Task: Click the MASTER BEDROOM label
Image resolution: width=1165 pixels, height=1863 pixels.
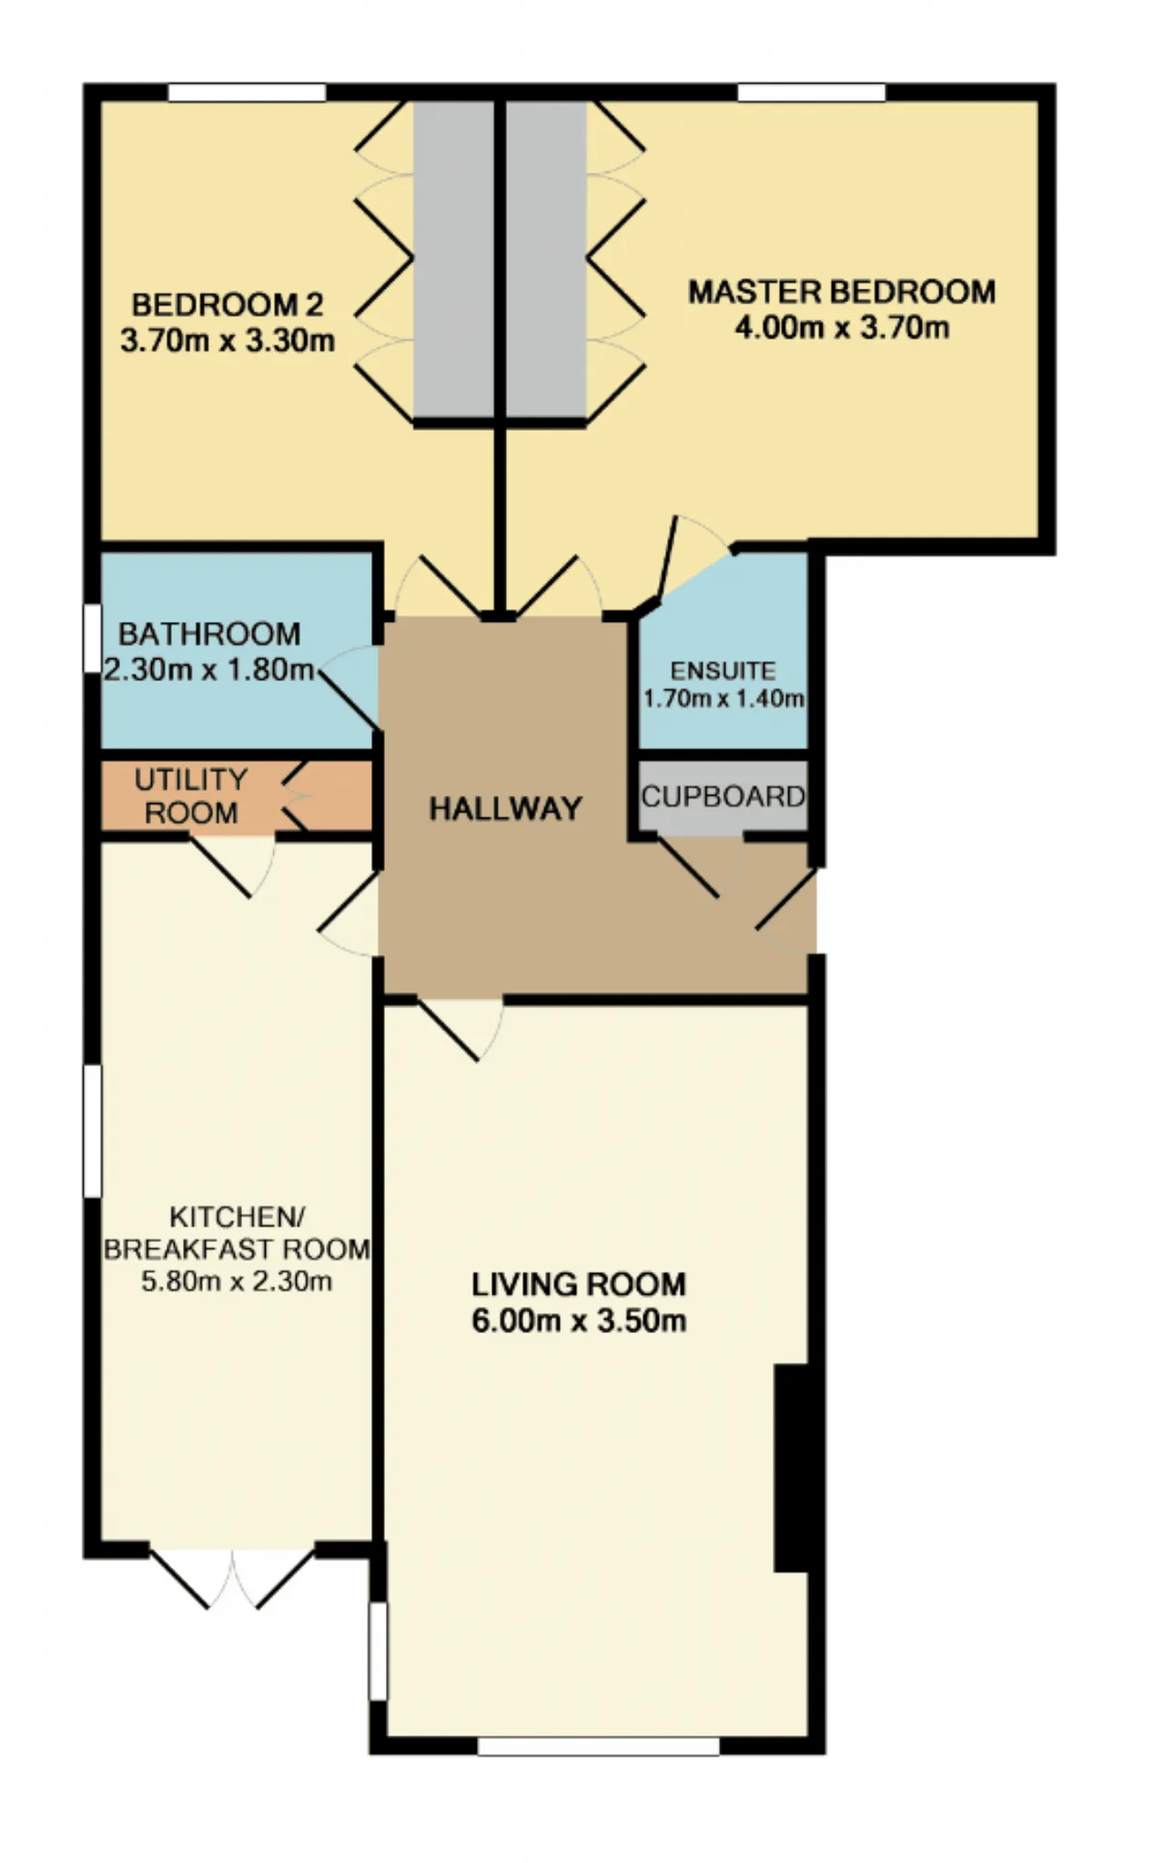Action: (x=842, y=292)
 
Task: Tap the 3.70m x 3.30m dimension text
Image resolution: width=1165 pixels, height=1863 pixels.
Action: (x=228, y=341)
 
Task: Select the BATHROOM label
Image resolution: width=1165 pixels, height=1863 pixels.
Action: (x=209, y=634)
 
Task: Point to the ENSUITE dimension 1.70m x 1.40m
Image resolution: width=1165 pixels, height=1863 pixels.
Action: (x=724, y=699)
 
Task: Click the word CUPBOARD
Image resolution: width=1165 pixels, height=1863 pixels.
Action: (x=724, y=797)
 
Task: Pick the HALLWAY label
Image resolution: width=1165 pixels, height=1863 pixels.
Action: (x=505, y=809)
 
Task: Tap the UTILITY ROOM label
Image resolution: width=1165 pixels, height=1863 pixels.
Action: (x=191, y=796)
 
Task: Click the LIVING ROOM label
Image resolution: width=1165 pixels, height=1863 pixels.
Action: (x=578, y=1285)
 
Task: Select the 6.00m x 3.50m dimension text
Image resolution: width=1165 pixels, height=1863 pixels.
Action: (x=578, y=1320)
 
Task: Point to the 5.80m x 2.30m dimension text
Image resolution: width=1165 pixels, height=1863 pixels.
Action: (x=237, y=1282)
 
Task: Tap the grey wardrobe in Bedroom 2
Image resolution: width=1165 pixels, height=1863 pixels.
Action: (x=453, y=260)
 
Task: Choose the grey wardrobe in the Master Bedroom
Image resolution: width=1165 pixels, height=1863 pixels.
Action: (x=546, y=260)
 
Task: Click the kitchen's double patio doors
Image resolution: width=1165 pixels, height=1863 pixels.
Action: (x=232, y=1576)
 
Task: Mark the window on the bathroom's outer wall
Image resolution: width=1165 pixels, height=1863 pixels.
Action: (x=92, y=638)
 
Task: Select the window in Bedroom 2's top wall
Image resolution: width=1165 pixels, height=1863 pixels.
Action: (x=248, y=92)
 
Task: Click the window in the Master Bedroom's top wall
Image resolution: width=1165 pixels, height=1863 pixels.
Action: (x=811, y=92)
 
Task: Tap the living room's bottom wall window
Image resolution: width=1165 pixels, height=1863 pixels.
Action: (x=598, y=1746)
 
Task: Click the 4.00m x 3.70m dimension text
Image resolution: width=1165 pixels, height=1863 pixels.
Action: (x=842, y=328)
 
